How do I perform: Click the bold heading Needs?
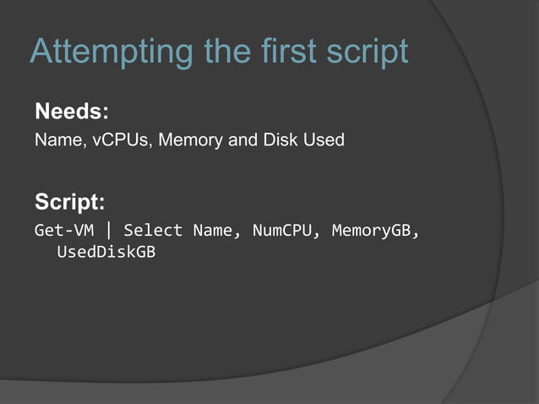(72, 112)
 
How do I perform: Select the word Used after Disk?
(324, 139)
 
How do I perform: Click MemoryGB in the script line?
(371, 230)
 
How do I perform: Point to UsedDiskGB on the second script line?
(106, 253)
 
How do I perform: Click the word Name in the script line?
(211, 230)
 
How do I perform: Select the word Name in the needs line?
(55, 139)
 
